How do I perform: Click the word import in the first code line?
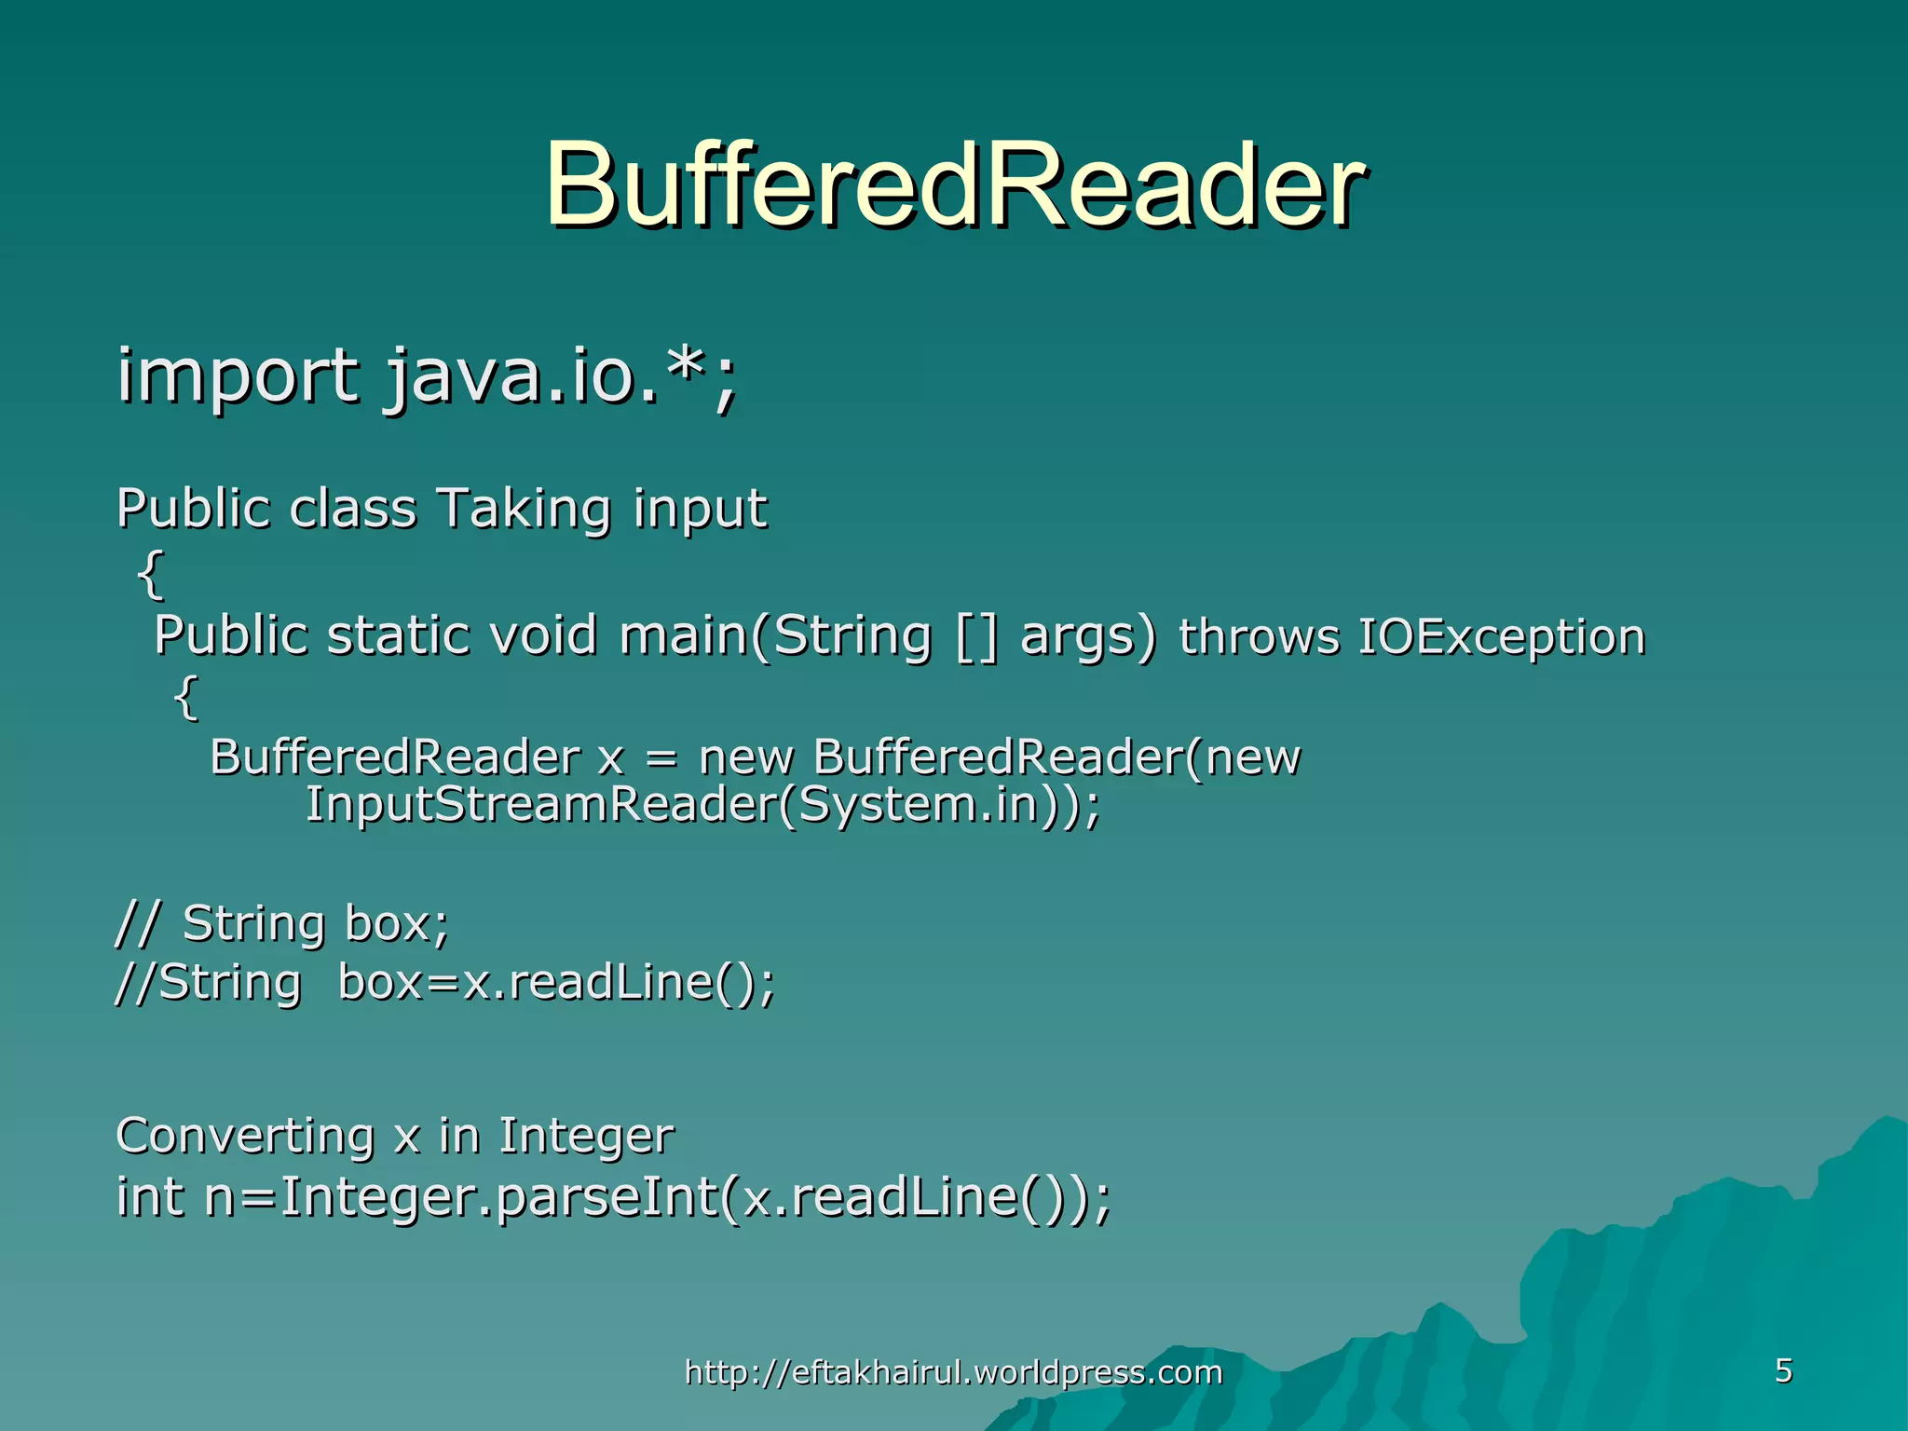pyautogui.click(x=237, y=375)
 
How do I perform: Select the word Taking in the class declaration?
pyautogui.click(x=524, y=510)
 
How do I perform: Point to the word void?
pyautogui.click(x=543, y=636)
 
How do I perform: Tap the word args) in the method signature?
pyautogui.click(x=1088, y=636)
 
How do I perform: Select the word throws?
pyautogui.click(x=1259, y=637)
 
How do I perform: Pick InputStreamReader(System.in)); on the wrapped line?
pyautogui.click(x=702, y=804)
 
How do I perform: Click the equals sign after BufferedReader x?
pyautogui.click(x=661, y=757)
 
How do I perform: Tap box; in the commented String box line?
pyautogui.click(x=397, y=923)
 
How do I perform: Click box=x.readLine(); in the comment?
pyautogui.click(x=556, y=982)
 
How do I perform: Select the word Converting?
pyautogui.click(x=245, y=1136)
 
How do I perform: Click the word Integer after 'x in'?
pyautogui.click(x=586, y=1136)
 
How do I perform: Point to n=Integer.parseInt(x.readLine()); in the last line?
pyautogui.click(x=658, y=1196)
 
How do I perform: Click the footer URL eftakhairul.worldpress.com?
pyautogui.click(x=953, y=1372)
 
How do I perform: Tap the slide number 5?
pyautogui.click(x=1783, y=1370)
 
